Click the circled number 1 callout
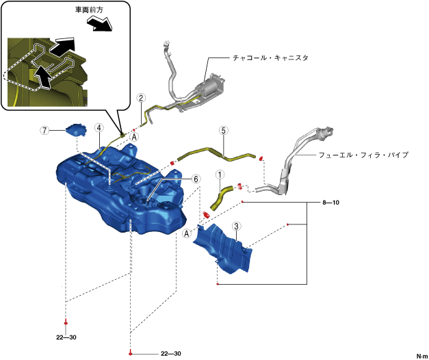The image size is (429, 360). [x=220, y=175]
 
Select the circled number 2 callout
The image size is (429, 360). [x=140, y=99]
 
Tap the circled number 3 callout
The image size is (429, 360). [x=236, y=226]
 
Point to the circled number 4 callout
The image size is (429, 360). [x=99, y=128]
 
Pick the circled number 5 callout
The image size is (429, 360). [x=222, y=129]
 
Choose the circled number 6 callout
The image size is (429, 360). [x=196, y=179]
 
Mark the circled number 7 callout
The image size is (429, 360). [x=44, y=129]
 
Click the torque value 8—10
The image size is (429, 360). [x=331, y=203]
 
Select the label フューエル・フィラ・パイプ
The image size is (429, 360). [x=363, y=155]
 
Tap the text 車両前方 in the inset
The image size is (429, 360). [x=88, y=12]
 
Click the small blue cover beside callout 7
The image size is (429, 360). [x=75, y=129]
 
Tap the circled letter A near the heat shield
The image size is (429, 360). [x=186, y=233]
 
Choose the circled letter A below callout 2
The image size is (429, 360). [x=135, y=137]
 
